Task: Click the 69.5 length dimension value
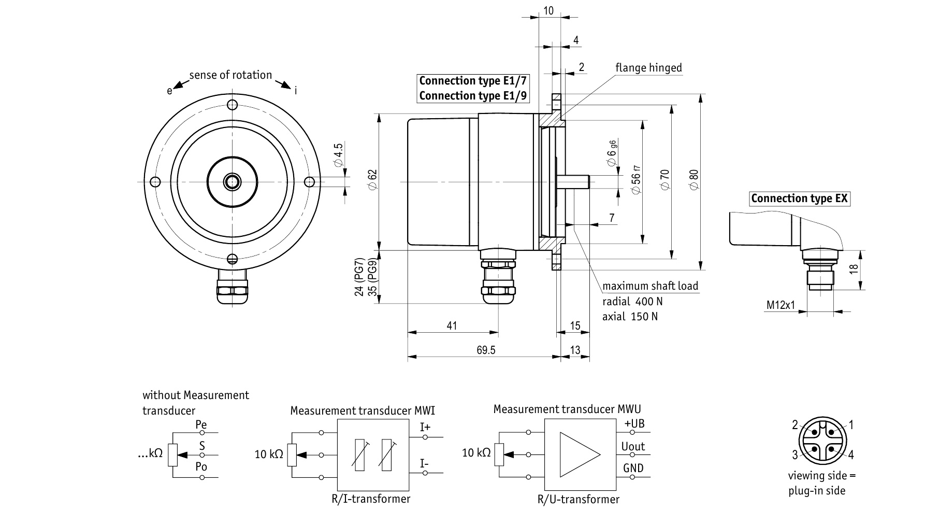tap(486, 350)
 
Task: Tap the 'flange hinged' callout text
tap(648, 68)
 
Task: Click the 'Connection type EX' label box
tap(799, 198)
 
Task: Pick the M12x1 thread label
tap(781, 305)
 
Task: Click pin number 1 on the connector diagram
tap(850, 425)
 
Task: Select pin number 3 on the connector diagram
tap(795, 455)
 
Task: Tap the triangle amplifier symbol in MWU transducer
tap(580, 455)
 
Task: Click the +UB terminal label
tap(634, 423)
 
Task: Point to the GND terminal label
tap(633, 469)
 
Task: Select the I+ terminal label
tap(425, 427)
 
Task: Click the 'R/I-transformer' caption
tap(371, 499)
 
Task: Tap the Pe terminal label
tap(201, 425)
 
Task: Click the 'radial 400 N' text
tap(632, 302)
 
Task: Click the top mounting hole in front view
tap(233, 105)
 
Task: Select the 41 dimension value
tap(452, 325)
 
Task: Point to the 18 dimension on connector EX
tap(854, 269)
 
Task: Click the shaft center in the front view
tap(232, 181)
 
